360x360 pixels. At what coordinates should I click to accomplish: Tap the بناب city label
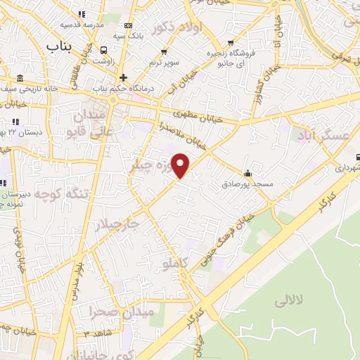click(x=60, y=46)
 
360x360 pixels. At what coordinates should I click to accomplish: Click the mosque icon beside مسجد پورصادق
click(x=247, y=173)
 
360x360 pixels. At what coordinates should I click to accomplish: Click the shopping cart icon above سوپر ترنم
click(x=165, y=51)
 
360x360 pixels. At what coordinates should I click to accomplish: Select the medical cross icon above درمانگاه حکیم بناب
click(x=124, y=77)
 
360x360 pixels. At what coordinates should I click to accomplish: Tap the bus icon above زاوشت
click(x=104, y=50)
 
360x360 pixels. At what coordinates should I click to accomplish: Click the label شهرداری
click(x=347, y=169)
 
